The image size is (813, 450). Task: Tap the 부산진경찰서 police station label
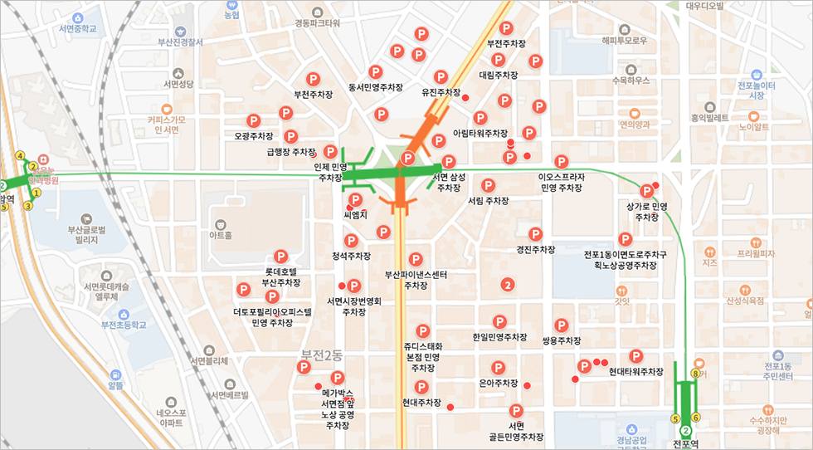click(180, 41)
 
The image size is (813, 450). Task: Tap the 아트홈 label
click(220, 236)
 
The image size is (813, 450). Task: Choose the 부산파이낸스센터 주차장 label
click(416, 280)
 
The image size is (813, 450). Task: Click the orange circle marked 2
click(508, 285)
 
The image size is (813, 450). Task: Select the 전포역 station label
click(686, 444)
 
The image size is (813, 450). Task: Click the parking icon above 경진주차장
click(535, 234)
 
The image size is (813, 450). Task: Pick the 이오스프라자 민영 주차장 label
click(562, 183)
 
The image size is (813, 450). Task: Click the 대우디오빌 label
click(705, 7)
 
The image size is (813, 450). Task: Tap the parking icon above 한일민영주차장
click(499, 321)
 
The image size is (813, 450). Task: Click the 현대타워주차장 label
click(636, 371)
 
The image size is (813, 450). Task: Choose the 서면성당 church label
click(178, 84)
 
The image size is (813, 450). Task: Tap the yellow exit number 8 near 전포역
click(695, 374)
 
